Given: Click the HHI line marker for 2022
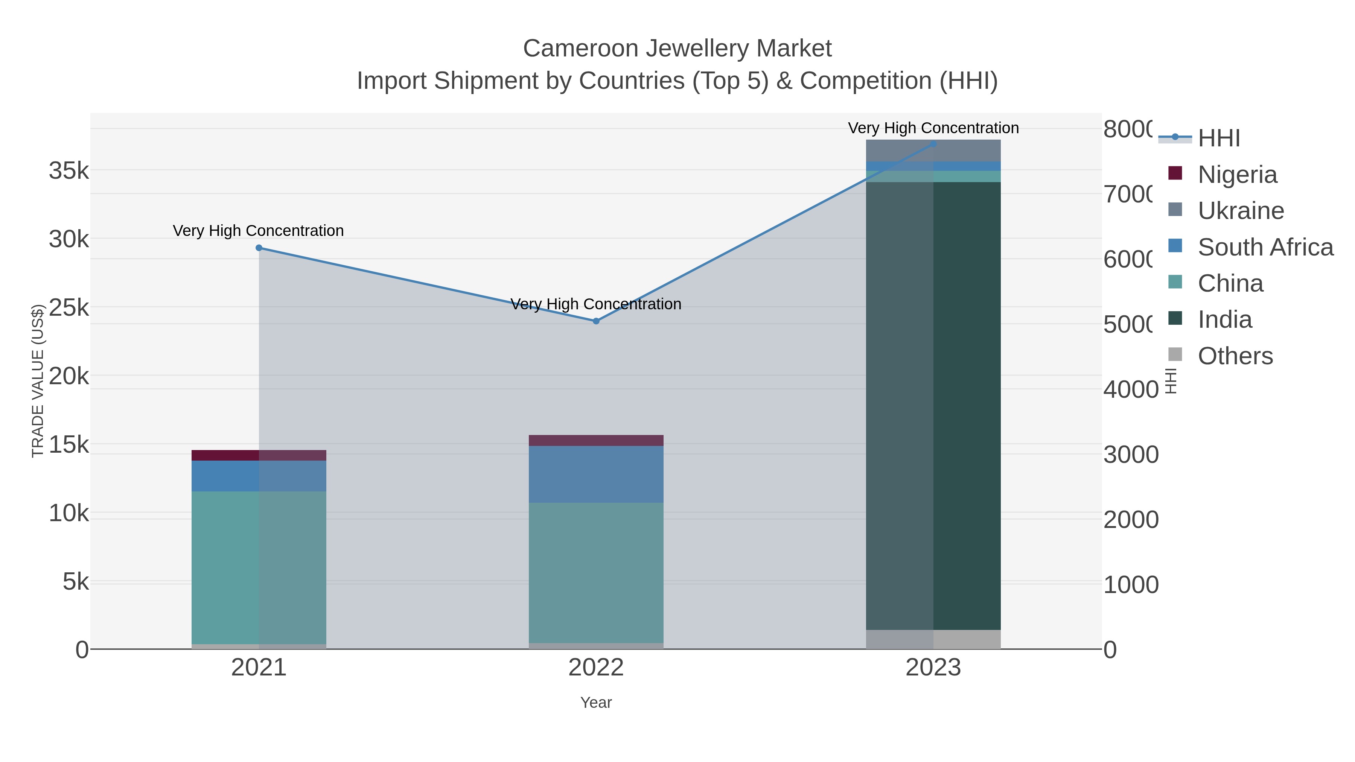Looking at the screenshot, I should coord(596,321).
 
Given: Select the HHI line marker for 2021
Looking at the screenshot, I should coord(259,248).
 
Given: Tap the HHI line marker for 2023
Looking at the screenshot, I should coord(933,144).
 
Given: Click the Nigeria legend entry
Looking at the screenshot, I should coord(1237,175).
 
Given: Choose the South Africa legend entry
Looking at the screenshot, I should coord(1265,247).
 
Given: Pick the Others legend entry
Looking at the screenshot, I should coord(1235,356).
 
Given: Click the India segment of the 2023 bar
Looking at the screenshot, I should coord(933,405).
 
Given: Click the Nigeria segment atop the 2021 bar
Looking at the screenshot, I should coord(259,455).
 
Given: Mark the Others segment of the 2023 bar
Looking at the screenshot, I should coord(933,639).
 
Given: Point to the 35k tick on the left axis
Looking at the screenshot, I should coord(69,171).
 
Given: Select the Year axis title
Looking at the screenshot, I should coord(596,703).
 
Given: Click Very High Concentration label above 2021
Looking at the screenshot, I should coord(258,231).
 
